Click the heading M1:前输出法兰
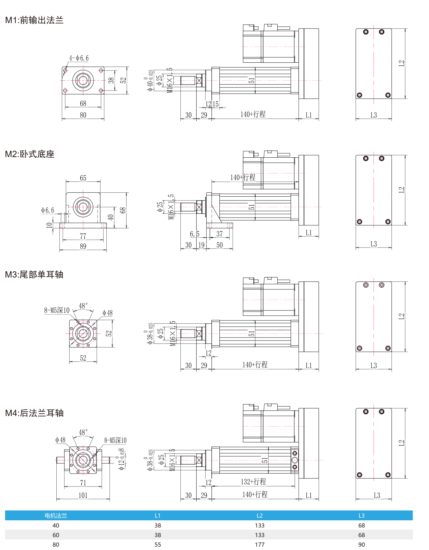pyautogui.click(x=34, y=20)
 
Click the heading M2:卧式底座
pyautogui.click(x=30, y=154)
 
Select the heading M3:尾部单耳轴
pyautogui.click(x=34, y=275)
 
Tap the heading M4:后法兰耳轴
pyautogui.click(x=34, y=413)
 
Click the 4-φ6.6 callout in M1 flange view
pyautogui.click(x=79, y=58)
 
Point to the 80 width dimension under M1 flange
pyautogui.click(x=83, y=115)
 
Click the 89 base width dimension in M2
pyautogui.click(x=83, y=246)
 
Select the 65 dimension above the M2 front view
pyautogui.click(x=83, y=178)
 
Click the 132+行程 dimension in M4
pyautogui.click(x=253, y=482)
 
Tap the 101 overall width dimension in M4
pyautogui.click(x=83, y=495)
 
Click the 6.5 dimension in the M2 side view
pyautogui.click(x=195, y=234)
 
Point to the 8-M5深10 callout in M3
pyautogui.click(x=57, y=310)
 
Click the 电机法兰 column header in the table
pyautogui.click(x=56, y=516)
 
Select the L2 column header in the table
pyautogui.click(x=260, y=516)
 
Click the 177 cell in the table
pyautogui.click(x=260, y=545)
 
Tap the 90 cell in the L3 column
pyautogui.click(x=362, y=545)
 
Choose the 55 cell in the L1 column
pyautogui.click(x=158, y=545)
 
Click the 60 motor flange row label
pyautogui.click(x=56, y=535)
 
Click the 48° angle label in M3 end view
pyautogui.click(x=83, y=306)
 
